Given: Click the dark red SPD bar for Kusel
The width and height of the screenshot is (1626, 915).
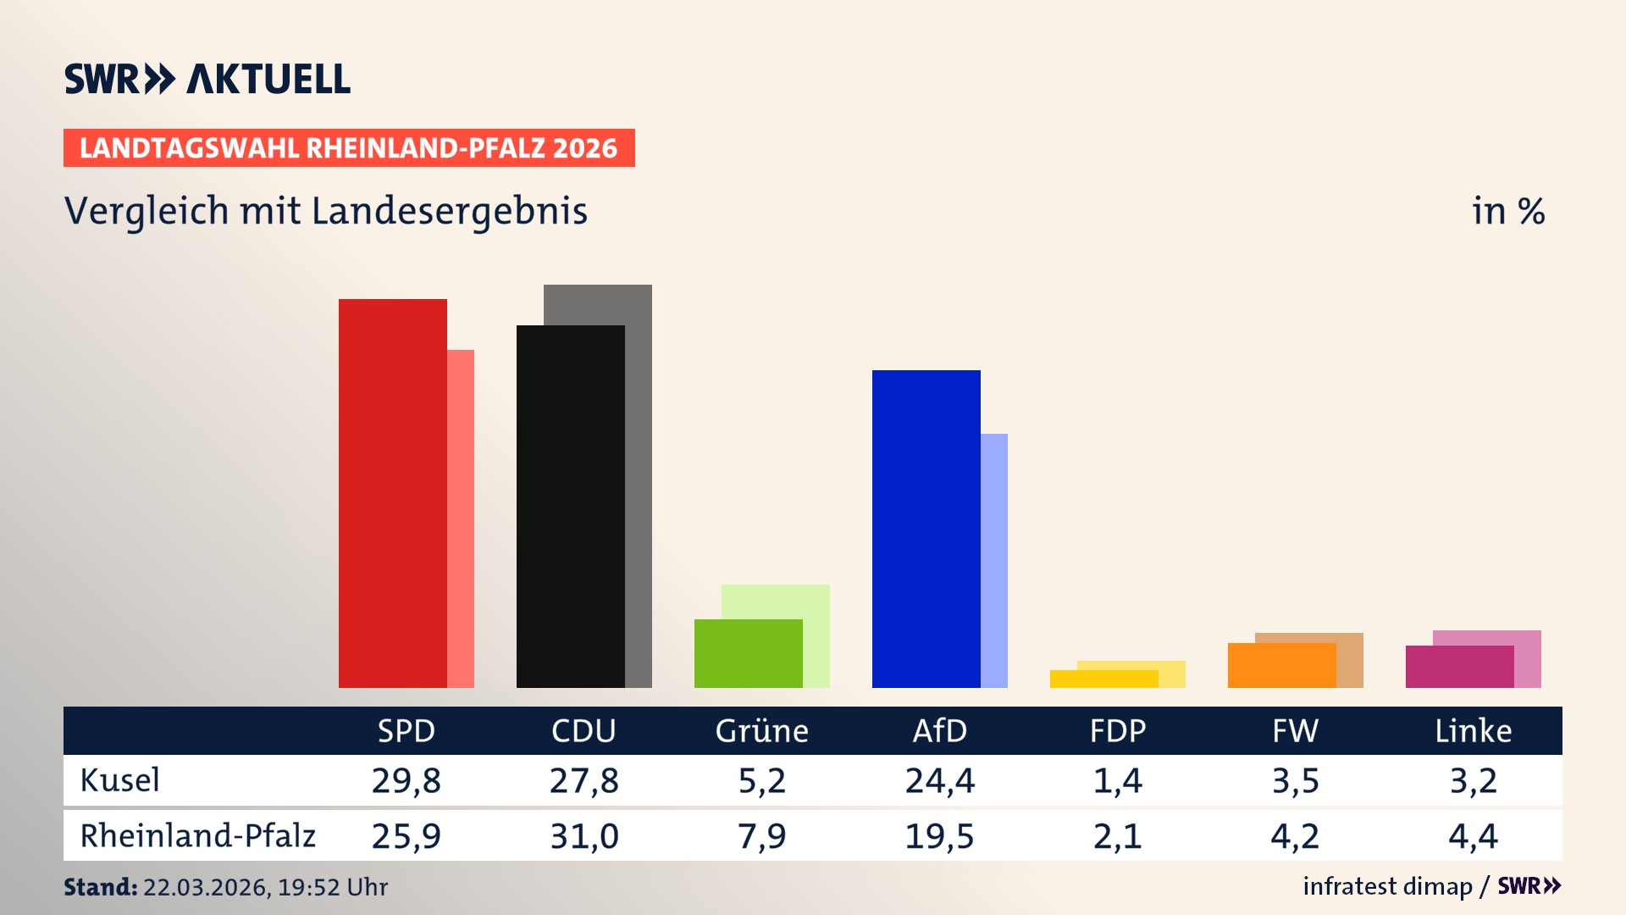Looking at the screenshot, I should tap(393, 493).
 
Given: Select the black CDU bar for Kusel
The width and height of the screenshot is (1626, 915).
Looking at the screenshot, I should tap(571, 507).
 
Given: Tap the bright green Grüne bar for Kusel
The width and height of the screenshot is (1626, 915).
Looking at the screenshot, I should tap(749, 653).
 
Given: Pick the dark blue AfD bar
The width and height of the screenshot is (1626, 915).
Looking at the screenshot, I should tap(926, 529).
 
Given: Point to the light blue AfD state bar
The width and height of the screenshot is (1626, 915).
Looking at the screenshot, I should tap(994, 560).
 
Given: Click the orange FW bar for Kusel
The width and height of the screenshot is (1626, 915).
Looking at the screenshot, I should tap(1282, 665).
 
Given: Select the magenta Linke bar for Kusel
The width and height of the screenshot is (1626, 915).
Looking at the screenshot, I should tap(1460, 667).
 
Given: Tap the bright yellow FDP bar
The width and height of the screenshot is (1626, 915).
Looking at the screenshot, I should tap(1104, 679).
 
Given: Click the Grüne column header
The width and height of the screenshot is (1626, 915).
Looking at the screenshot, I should tap(761, 731).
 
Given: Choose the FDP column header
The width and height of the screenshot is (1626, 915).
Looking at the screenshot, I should tap(1117, 731).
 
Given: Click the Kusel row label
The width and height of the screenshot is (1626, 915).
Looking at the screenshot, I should tap(119, 780).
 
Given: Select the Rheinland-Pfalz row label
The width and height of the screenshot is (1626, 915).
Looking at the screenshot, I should tap(197, 836).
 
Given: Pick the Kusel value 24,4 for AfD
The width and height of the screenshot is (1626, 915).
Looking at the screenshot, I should tap(939, 780).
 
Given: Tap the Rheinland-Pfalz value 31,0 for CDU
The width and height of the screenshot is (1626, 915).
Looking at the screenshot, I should tap(583, 836).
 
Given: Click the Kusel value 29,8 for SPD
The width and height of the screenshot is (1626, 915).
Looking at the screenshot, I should tap(406, 780).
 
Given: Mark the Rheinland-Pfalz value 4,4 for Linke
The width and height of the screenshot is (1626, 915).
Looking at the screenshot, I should tap(1473, 836).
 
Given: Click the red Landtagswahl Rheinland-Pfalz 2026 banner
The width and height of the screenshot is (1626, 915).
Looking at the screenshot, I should tap(349, 148).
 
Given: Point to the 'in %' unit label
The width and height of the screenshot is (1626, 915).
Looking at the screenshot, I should tap(1507, 211).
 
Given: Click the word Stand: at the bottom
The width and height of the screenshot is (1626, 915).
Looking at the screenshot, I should tap(100, 887).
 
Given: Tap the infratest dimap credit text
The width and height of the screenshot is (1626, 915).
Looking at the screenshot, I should tap(1387, 886).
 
